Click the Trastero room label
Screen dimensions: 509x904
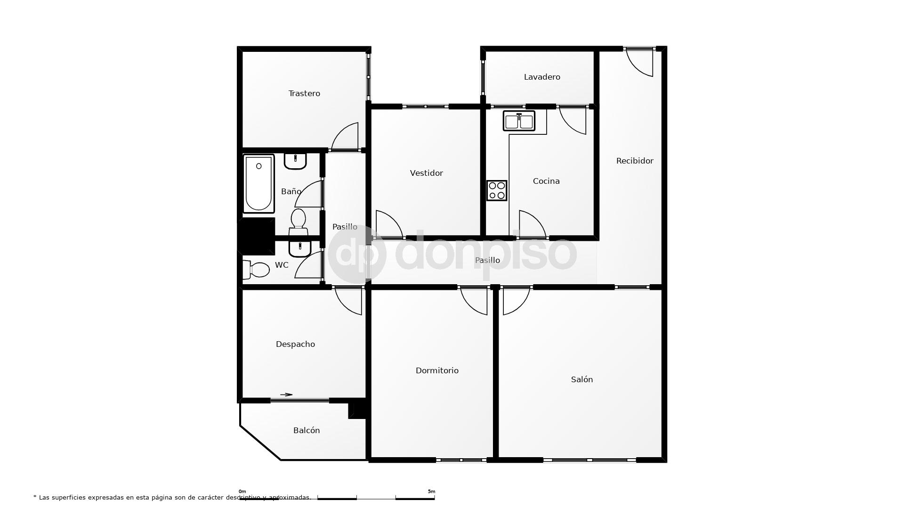304,93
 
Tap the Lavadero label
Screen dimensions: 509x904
542,77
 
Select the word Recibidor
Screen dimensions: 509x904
635,161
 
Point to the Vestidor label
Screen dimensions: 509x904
426,173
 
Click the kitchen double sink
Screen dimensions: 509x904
519,121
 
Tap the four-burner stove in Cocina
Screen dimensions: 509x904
497,190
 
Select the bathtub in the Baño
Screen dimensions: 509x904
258,183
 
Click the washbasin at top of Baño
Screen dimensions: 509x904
295,161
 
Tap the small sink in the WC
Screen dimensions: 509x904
300,248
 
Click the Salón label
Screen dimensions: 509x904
581,379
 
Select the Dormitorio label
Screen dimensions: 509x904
437,370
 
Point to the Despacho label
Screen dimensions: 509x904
295,344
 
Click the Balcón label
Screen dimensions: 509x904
306,430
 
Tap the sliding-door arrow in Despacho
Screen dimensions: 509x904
286,394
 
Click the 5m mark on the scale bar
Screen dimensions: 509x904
431,492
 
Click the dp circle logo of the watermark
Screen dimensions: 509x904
357,254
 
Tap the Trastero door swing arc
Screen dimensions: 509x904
345,136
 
